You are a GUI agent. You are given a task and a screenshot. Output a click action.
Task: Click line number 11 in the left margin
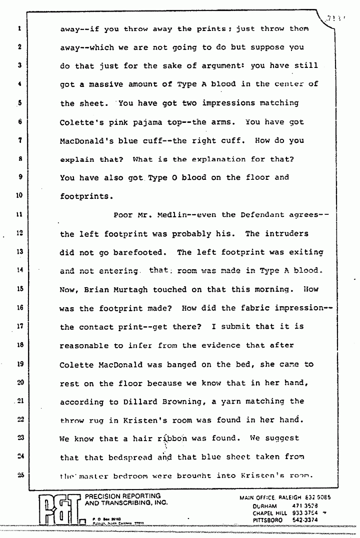click(x=17, y=215)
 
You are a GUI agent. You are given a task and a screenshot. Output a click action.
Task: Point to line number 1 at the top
click(x=17, y=29)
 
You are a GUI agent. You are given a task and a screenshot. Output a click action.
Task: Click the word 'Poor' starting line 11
click(x=123, y=215)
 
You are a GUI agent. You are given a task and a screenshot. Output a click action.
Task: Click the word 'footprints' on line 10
click(x=82, y=196)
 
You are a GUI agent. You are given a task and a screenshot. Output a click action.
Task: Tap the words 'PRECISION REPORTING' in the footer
click(x=122, y=496)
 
